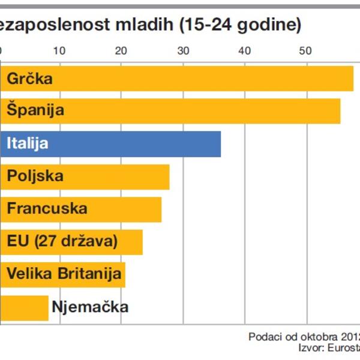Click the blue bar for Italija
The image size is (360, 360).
(x=150, y=144)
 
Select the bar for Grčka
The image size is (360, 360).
(x=210, y=79)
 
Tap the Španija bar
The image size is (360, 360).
(x=210, y=111)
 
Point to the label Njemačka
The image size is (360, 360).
(x=90, y=307)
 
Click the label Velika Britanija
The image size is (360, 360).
(x=64, y=274)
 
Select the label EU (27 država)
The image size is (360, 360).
(x=62, y=241)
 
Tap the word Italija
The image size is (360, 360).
(x=28, y=144)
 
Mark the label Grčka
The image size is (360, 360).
(x=30, y=79)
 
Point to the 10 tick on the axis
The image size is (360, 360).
(x=59, y=51)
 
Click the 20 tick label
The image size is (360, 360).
(x=121, y=51)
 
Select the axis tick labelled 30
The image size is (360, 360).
(x=182, y=51)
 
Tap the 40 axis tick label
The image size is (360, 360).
(x=244, y=51)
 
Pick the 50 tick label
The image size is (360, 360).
(x=306, y=51)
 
